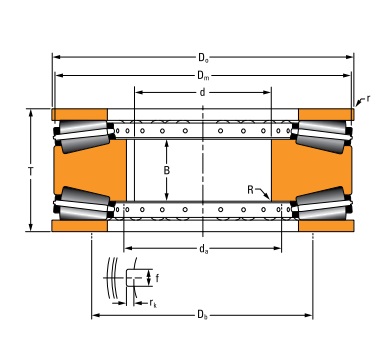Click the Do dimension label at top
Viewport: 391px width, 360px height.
[x=203, y=58]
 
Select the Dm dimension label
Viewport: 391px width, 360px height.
[x=203, y=76]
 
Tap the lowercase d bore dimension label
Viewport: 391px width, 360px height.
[x=202, y=92]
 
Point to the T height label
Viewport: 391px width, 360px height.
[x=31, y=171]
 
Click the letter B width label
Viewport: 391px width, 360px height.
[x=167, y=170]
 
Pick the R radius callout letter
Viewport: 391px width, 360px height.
[x=251, y=190]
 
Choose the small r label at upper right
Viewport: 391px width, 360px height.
[x=368, y=98]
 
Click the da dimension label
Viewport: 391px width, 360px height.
[x=203, y=249]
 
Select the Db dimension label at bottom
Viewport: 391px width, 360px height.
[x=202, y=315]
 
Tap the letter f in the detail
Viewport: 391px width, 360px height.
[x=157, y=278]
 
